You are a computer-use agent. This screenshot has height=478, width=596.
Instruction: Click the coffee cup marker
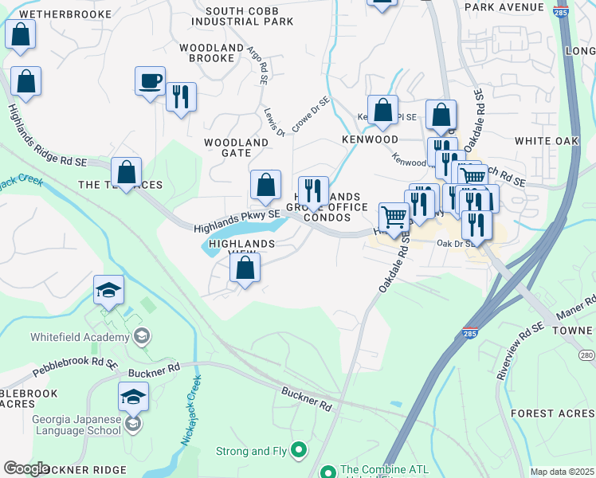(x=150, y=81)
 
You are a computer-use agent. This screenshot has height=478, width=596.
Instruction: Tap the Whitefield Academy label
(x=80, y=337)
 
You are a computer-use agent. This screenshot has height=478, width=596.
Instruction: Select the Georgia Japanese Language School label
(x=76, y=425)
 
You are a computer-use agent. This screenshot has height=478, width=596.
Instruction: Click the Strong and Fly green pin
(x=300, y=451)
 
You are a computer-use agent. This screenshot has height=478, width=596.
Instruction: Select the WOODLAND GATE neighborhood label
(x=236, y=147)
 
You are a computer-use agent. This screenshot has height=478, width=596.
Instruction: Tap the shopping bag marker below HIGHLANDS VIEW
(x=245, y=269)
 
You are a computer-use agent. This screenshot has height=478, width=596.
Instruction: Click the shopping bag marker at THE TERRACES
(x=126, y=172)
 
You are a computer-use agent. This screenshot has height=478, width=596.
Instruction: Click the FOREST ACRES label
(x=553, y=413)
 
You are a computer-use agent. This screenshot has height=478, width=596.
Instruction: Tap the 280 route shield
(x=587, y=355)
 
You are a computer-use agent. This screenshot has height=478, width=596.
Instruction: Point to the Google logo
(x=26, y=468)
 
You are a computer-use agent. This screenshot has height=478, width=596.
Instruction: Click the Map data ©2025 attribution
(x=562, y=472)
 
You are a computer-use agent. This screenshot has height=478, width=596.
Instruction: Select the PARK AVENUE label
(x=515, y=7)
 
